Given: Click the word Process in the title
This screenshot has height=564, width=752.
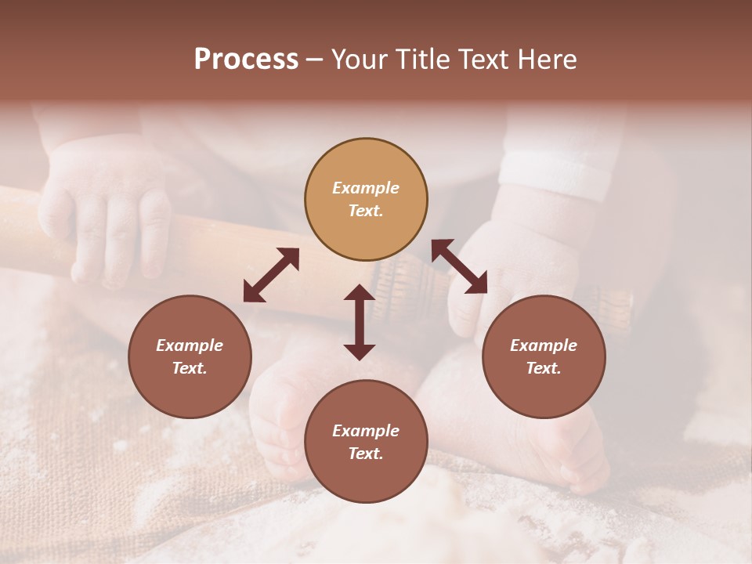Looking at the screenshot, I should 246,60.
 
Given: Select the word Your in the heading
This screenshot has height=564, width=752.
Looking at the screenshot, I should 358,60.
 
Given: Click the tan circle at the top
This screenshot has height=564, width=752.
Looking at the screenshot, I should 366,199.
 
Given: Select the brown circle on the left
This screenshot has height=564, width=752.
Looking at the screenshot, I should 190,356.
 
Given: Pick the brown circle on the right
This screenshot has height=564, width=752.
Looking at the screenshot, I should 544,356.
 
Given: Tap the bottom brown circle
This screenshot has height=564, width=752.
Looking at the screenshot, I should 366,442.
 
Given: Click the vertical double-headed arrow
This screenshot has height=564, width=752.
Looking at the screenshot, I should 360,322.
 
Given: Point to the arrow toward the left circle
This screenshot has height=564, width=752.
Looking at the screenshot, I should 271,275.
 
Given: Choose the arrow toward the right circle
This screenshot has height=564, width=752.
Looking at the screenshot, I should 459,266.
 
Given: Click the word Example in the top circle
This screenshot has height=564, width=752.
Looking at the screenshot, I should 366,188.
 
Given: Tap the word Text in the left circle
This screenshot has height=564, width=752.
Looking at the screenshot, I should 190,368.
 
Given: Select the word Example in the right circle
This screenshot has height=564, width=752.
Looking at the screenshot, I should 544,345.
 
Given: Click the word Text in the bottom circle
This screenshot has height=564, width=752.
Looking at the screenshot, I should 366,454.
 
